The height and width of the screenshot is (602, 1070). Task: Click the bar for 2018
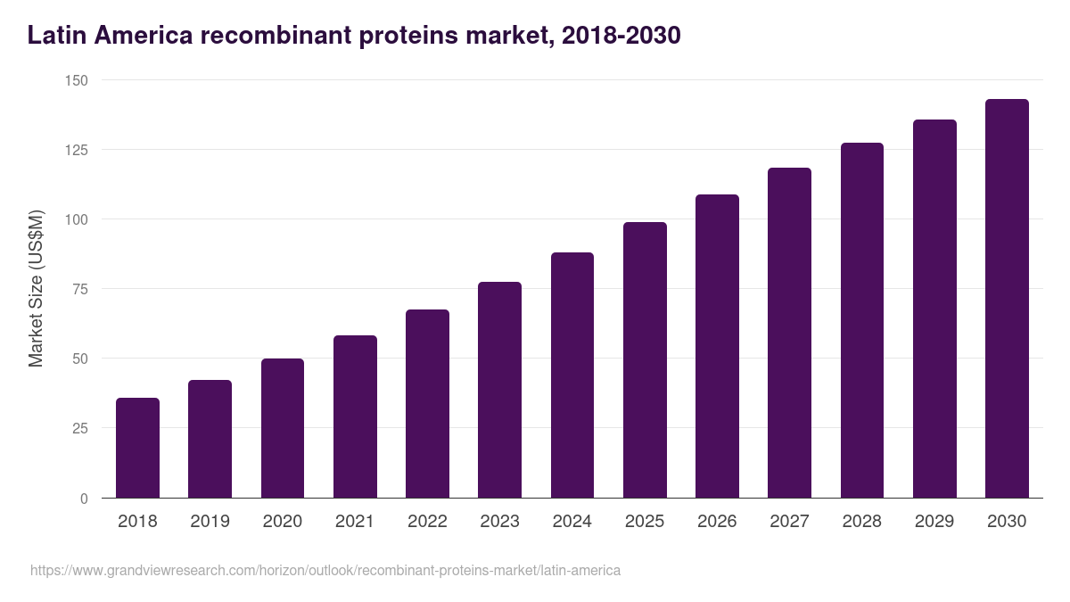pyautogui.click(x=137, y=448)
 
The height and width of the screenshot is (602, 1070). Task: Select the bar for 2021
pyautogui.click(x=355, y=416)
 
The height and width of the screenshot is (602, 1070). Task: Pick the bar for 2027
pyautogui.click(x=789, y=333)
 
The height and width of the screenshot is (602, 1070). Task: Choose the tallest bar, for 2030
pyautogui.click(x=1007, y=299)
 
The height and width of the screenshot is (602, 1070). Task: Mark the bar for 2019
pyautogui.click(x=210, y=439)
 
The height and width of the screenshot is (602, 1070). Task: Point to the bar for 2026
pyautogui.click(x=717, y=346)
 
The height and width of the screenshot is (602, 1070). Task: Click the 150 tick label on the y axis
pyautogui.click(x=77, y=80)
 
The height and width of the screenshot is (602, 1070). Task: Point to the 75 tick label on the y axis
pyautogui.click(x=80, y=289)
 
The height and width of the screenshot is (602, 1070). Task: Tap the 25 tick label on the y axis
pyautogui.click(x=80, y=428)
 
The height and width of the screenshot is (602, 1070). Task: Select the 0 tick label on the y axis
pyautogui.click(x=84, y=499)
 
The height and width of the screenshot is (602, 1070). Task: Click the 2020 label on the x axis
pyautogui.click(x=282, y=522)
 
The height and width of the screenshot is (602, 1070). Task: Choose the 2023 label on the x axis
pyautogui.click(x=499, y=522)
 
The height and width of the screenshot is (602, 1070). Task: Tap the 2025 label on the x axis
pyautogui.click(x=645, y=522)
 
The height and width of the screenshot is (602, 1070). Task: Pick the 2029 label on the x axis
pyautogui.click(x=934, y=522)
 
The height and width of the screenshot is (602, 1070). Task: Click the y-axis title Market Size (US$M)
pyautogui.click(x=36, y=289)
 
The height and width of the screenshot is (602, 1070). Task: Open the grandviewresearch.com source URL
pyautogui.click(x=325, y=570)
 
